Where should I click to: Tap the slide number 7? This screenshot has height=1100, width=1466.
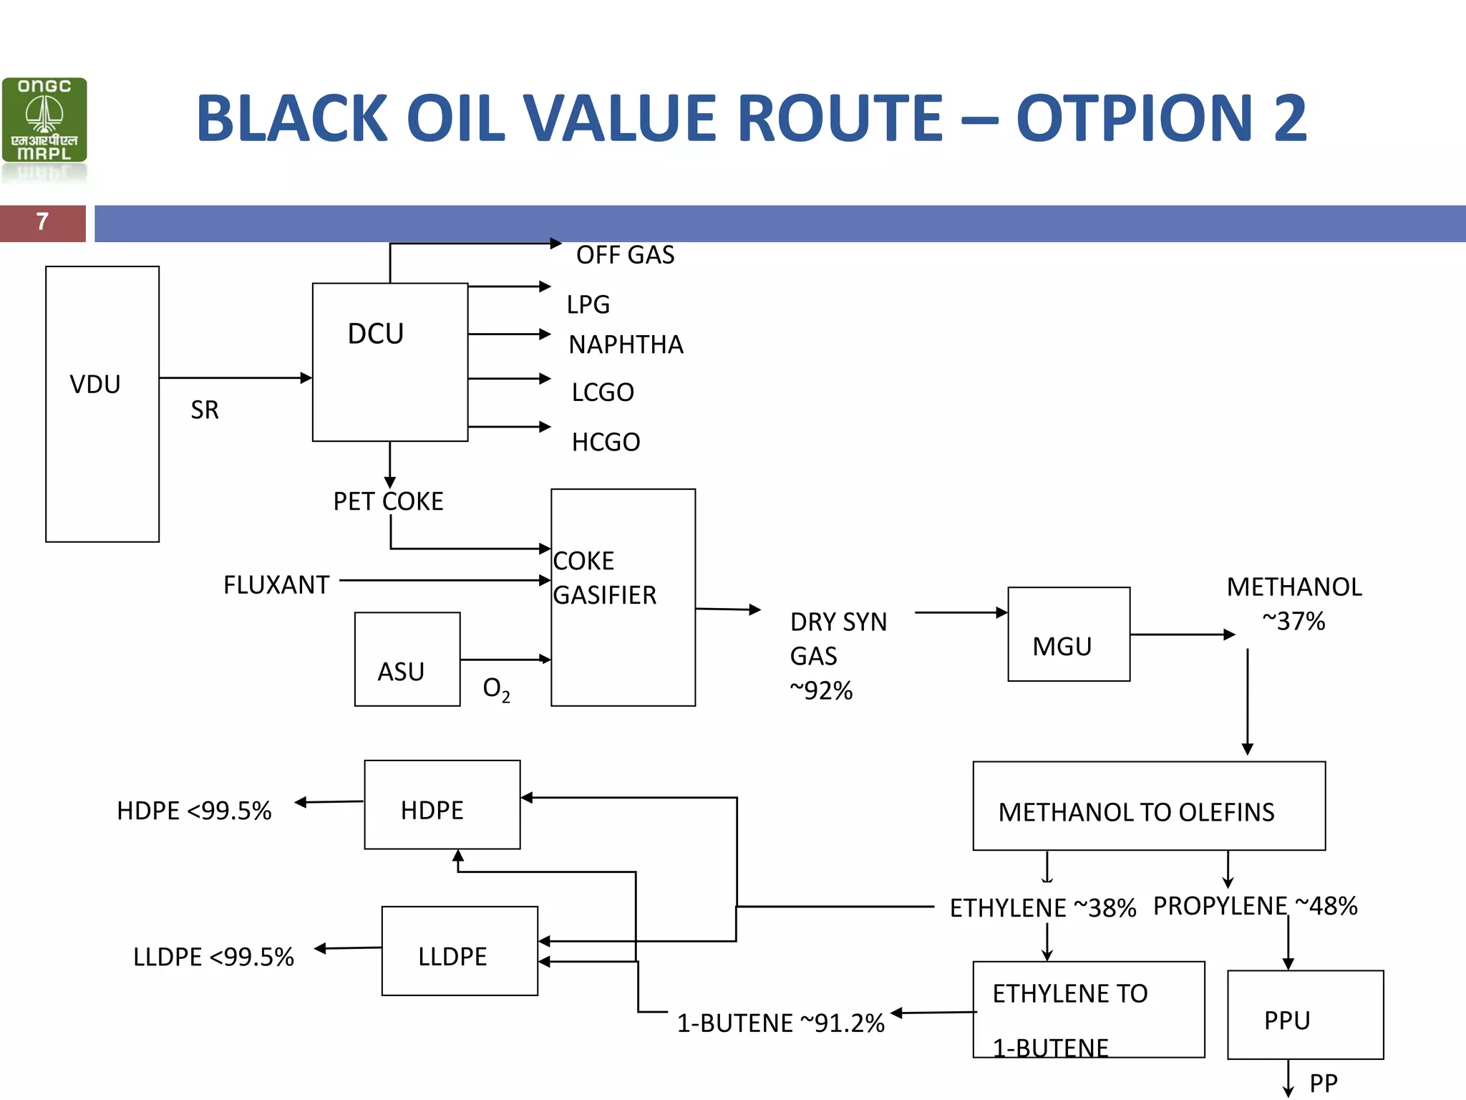point(43,222)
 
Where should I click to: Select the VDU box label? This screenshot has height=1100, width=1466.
point(95,385)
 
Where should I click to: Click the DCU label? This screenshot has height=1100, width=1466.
point(376,334)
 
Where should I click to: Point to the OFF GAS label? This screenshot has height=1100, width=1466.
point(625,255)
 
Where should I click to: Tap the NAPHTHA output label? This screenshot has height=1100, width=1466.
point(626,345)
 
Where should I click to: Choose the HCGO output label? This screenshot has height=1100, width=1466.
point(606,443)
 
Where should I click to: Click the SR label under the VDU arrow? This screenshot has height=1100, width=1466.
point(205,410)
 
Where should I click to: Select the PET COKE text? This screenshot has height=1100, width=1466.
point(388,501)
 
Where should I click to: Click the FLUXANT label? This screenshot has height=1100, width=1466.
point(276,585)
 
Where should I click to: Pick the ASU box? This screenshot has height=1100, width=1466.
point(407,660)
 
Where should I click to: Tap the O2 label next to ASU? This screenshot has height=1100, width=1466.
point(496,689)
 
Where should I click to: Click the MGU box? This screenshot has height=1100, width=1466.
point(1068,635)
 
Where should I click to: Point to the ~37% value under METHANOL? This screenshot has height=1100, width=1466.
point(1293,621)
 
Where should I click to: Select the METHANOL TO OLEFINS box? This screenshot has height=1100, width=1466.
point(1148,806)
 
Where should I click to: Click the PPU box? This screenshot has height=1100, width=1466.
point(1305,1015)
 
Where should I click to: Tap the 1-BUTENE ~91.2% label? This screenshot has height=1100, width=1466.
point(780,1023)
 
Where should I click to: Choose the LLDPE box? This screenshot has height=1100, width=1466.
point(460,951)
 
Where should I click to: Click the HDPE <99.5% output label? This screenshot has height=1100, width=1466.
point(194,811)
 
